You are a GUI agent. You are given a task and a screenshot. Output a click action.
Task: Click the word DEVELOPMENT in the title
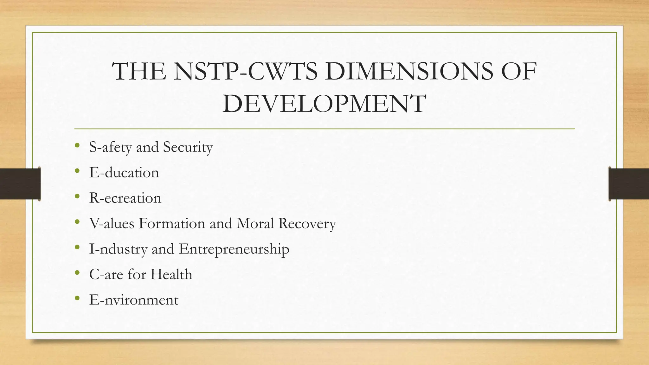pyautogui.click(x=324, y=104)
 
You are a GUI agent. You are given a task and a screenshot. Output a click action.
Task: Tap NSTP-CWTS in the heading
pyautogui.click(x=246, y=71)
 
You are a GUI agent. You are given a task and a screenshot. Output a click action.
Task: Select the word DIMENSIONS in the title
pyautogui.click(x=409, y=71)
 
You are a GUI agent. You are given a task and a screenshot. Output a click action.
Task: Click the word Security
pyautogui.click(x=188, y=147)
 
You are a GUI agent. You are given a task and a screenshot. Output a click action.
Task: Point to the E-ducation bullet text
pyautogui.click(x=124, y=173)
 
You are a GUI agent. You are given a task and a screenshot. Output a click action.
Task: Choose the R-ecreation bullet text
pyautogui.click(x=125, y=198)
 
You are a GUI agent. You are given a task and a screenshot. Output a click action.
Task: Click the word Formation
pyautogui.click(x=172, y=223)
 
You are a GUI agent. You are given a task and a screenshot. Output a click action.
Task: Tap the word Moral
pyautogui.click(x=255, y=223)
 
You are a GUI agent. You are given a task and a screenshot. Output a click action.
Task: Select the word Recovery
pyautogui.click(x=307, y=224)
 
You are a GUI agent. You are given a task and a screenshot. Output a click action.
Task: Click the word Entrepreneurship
pyautogui.click(x=234, y=249)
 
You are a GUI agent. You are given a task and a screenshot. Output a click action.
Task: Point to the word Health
pyautogui.click(x=171, y=274)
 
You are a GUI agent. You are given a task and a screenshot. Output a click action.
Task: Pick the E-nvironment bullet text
pyautogui.click(x=134, y=300)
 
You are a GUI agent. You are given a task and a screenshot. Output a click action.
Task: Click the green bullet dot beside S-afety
pyautogui.click(x=77, y=146)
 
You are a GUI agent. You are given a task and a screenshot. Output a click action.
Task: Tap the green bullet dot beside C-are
pyautogui.click(x=77, y=273)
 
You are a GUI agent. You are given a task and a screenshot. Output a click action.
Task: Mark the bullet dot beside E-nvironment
pyautogui.click(x=77, y=298)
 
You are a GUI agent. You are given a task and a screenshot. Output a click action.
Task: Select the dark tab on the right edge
pyautogui.click(x=629, y=184)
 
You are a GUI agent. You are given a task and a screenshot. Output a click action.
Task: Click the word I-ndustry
pyautogui.click(x=118, y=249)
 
